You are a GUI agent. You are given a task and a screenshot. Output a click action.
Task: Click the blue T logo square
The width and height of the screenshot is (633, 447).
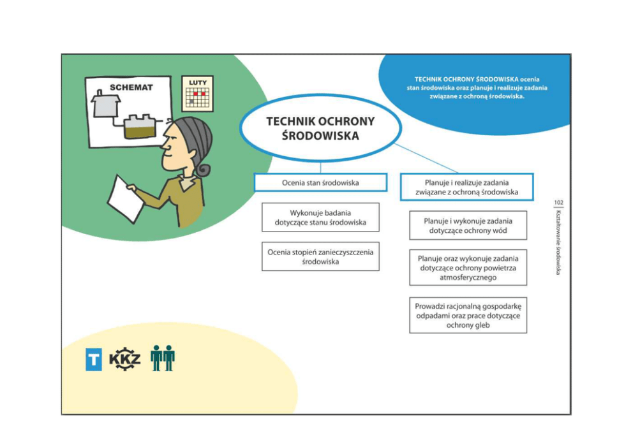[94, 359]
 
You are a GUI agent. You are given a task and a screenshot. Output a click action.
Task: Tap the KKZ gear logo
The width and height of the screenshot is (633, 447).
[125, 358]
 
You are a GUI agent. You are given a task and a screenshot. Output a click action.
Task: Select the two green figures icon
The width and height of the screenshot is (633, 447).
[163, 358]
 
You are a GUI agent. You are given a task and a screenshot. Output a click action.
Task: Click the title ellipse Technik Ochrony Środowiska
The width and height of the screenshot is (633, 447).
[321, 128]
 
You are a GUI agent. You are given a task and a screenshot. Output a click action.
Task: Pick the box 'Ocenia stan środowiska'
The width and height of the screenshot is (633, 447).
[320, 183]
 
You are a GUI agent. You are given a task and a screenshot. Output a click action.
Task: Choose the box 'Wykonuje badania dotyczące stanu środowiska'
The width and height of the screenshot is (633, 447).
[320, 217]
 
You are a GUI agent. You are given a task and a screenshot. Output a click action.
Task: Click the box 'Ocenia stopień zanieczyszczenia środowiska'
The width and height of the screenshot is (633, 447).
[320, 256]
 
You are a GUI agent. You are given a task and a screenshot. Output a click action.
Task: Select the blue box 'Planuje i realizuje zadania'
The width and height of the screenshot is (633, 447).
[466, 187]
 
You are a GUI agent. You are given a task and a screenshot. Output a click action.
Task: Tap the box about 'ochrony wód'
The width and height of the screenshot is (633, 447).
[468, 226]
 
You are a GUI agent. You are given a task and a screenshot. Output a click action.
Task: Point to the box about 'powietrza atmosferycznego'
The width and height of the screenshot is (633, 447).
[468, 267]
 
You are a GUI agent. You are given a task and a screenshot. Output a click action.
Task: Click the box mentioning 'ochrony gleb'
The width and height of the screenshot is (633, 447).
[468, 316]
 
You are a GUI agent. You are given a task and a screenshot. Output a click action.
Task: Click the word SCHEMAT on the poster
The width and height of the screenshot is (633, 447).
[131, 87]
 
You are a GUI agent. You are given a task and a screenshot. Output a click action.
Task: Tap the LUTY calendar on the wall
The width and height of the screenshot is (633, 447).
[197, 94]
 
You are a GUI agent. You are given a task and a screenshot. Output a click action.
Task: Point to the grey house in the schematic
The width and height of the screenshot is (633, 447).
[106, 104]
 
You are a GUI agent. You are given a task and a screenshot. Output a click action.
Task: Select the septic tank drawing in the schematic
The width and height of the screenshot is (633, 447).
[139, 126]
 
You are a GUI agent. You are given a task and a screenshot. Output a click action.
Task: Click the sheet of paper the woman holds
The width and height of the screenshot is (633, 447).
[126, 199]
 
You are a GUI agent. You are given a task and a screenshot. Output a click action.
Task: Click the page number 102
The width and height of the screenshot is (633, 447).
[558, 203]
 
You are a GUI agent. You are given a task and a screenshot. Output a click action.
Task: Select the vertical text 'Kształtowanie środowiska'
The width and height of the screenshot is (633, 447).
[558, 242]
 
